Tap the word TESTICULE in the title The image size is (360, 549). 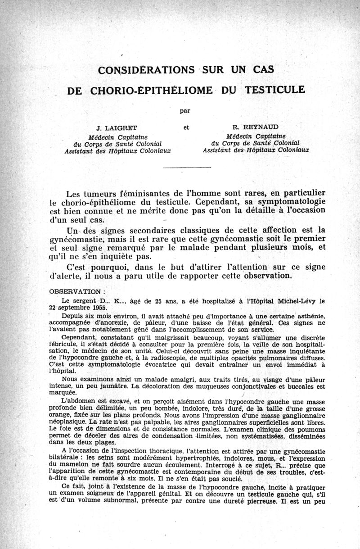point(274,89)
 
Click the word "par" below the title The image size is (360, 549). point(184,109)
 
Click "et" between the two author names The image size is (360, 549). point(186,127)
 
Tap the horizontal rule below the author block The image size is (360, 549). point(186,168)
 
